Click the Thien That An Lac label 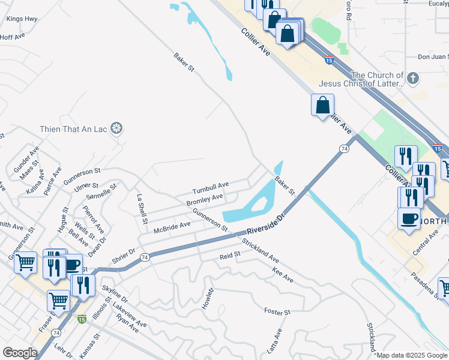click(x=75, y=129)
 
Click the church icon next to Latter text click(x=412, y=79)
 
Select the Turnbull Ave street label click(x=211, y=185)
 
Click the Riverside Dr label click(x=264, y=224)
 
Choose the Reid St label click(x=229, y=255)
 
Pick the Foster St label click(x=277, y=312)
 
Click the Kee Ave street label click(x=282, y=275)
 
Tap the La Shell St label click(x=142, y=209)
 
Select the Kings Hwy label click(x=22, y=19)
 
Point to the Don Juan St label click(x=433, y=57)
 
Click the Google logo click(x=20, y=352)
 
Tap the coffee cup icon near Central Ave click(x=409, y=218)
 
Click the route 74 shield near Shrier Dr click(x=144, y=257)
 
